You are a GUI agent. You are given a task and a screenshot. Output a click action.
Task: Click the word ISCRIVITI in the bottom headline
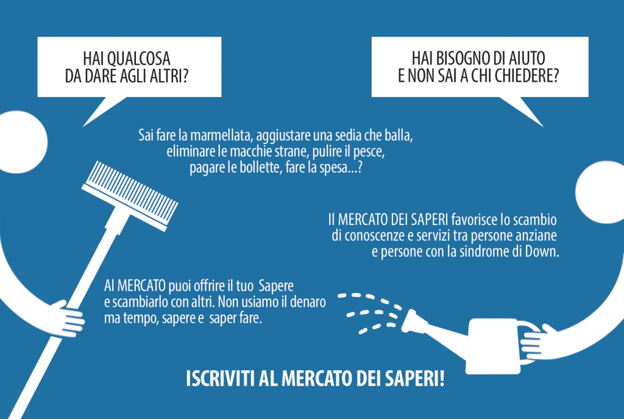[219, 379]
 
